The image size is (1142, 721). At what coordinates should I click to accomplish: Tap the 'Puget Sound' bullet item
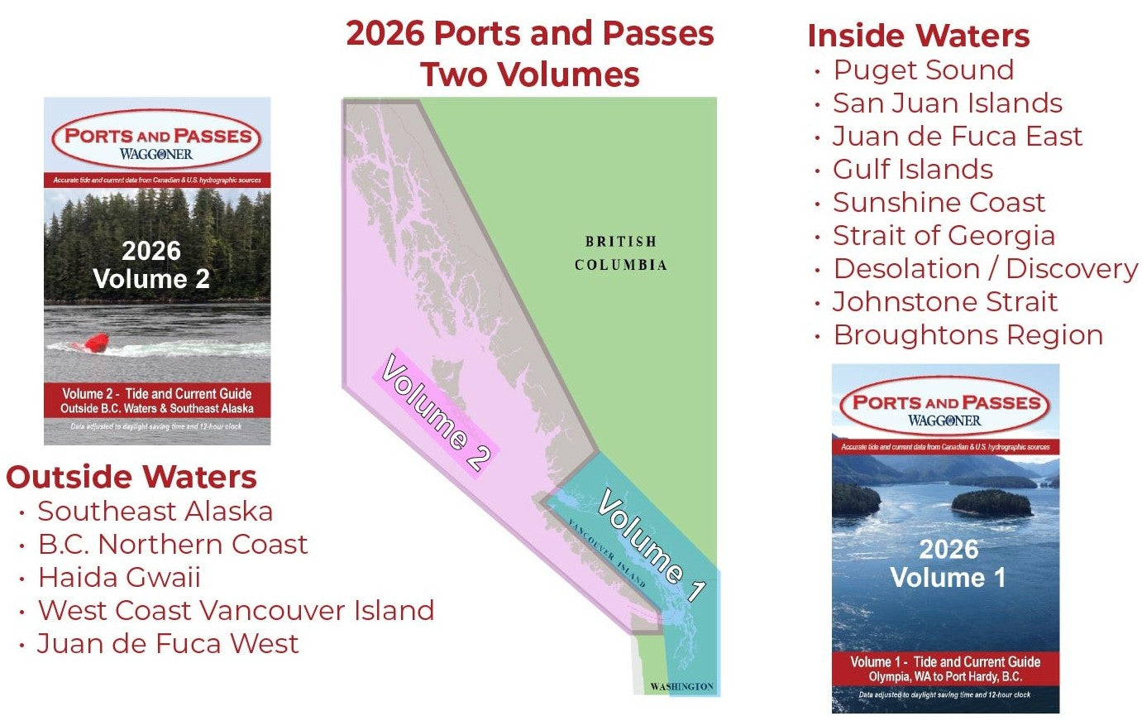(923, 70)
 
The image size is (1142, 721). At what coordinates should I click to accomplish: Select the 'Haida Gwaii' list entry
(119, 578)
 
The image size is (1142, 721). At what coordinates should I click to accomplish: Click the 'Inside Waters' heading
(918, 36)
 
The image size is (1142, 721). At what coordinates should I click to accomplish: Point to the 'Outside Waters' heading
(131, 477)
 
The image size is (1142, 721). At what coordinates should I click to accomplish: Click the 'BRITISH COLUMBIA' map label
(621, 253)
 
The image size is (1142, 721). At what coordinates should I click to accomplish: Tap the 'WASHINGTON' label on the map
(681, 687)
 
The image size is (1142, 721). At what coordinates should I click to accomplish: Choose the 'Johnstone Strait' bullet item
(944, 302)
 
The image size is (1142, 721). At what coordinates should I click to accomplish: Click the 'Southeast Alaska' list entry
(155, 512)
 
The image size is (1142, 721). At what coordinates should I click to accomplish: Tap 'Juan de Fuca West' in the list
(168, 644)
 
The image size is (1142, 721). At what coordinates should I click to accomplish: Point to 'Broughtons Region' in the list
(968, 335)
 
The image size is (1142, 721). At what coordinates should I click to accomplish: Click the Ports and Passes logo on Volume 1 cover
(944, 408)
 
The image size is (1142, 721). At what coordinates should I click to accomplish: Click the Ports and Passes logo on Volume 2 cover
(157, 142)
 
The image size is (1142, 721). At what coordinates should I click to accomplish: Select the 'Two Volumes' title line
(529, 75)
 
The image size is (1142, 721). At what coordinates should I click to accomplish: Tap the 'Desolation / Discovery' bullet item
(985, 269)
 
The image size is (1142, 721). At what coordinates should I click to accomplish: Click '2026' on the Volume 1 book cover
(948, 550)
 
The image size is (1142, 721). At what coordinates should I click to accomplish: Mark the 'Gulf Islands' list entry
(912, 170)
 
